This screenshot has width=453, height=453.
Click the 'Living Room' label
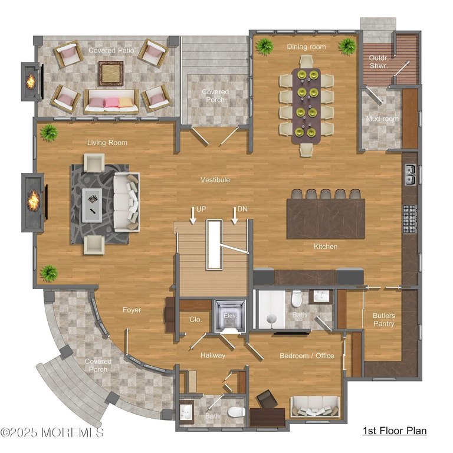click(107, 143)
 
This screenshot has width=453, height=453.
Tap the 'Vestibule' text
click(215, 180)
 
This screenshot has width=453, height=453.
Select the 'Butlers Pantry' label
click(383, 320)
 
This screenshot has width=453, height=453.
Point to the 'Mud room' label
click(382, 119)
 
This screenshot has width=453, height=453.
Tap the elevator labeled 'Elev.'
click(229, 316)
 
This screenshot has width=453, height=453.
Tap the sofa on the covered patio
click(111, 102)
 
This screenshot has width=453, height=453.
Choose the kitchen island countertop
click(326, 218)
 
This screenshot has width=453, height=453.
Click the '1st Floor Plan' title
click(394, 431)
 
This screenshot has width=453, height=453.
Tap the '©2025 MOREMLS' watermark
click(52, 433)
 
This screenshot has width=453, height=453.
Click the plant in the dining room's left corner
click(264, 45)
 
